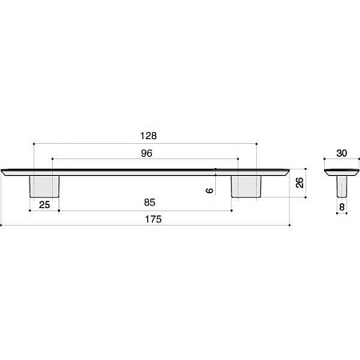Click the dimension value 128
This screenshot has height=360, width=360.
point(149,136)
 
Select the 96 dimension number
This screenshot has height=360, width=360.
point(146,153)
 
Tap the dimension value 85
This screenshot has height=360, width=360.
point(150,202)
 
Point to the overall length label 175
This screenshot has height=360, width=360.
point(154,219)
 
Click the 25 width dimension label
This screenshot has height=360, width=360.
point(44,205)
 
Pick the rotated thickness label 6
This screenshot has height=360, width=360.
point(210,190)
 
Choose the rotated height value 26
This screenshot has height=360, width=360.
point(300,182)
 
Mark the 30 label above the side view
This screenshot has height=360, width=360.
point(342,153)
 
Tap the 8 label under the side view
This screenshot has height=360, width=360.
point(342,207)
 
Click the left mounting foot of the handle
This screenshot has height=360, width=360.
point(44,186)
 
